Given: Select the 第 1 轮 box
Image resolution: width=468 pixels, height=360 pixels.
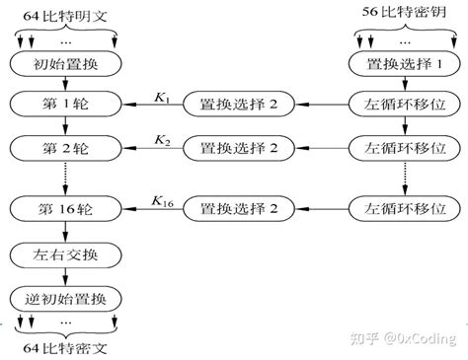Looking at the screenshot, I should (x=65, y=104).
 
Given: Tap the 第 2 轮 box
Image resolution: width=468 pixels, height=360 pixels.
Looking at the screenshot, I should (x=65, y=148).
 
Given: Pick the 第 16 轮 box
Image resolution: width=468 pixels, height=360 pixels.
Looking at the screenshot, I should (x=65, y=208).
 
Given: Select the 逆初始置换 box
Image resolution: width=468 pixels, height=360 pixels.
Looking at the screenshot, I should (x=65, y=297).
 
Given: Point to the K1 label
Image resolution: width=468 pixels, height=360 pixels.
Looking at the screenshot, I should (x=161, y=96).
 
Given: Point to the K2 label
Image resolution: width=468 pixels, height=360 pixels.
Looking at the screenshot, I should (x=161, y=140).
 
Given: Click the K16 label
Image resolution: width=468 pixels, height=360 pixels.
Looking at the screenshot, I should (x=163, y=200).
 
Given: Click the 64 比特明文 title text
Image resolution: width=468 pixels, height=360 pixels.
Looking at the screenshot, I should (x=65, y=11).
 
